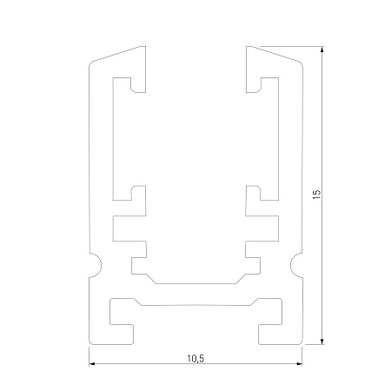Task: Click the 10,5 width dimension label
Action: (x=195, y=359)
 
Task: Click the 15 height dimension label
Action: (x=317, y=194)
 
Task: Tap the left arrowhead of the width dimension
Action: (x=92, y=363)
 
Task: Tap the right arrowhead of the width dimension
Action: (x=299, y=363)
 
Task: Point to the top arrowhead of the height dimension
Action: (x=322, y=50)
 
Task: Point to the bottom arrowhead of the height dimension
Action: (x=322, y=341)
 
